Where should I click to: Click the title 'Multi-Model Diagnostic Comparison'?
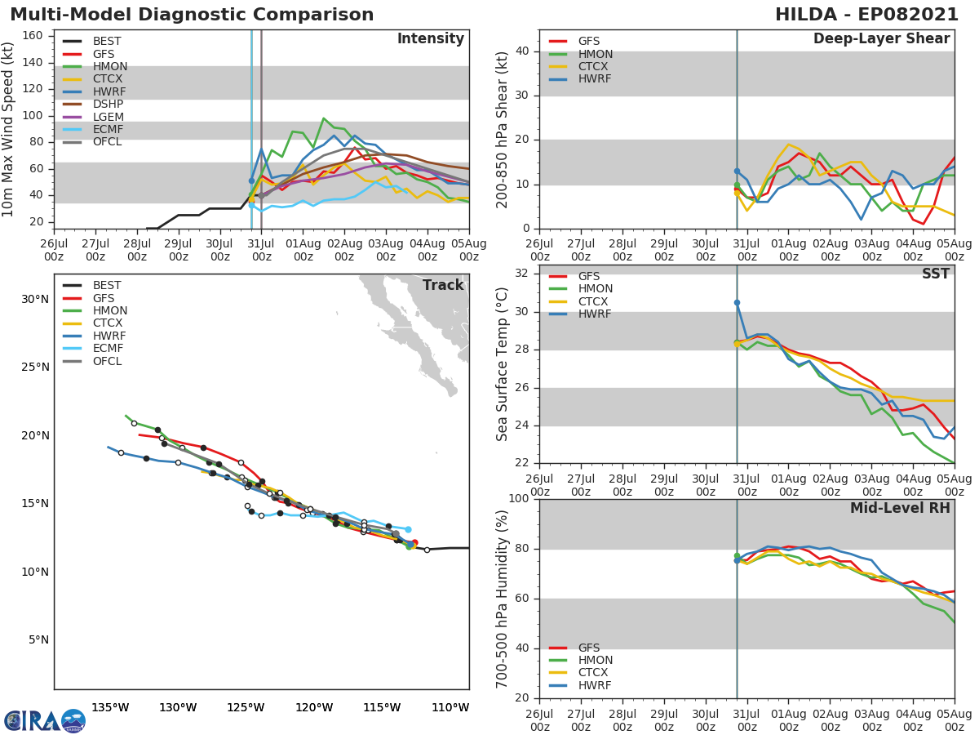click(192, 15)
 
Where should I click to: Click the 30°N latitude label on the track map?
click(35, 299)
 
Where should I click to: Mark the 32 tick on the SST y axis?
click(521, 274)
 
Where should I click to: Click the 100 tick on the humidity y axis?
click(516, 499)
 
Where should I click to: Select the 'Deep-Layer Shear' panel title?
click(881, 39)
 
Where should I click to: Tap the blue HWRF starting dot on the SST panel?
click(737, 302)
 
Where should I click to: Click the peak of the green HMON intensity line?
click(324, 118)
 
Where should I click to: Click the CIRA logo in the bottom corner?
click(45, 720)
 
